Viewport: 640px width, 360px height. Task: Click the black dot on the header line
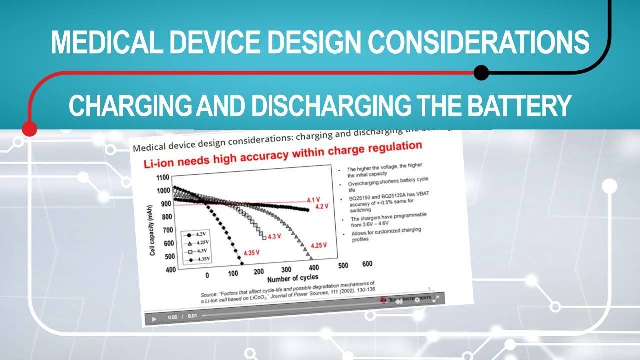[481, 73]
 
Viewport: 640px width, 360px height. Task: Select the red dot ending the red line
[30, 128]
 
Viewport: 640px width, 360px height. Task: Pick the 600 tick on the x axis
[367, 264]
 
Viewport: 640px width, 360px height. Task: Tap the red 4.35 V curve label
[251, 253]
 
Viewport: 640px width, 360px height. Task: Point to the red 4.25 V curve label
[318, 245]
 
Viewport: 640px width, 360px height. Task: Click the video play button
[154, 318]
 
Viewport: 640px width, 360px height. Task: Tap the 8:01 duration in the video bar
[192, 316]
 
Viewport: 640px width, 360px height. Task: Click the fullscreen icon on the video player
[435, 299]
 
